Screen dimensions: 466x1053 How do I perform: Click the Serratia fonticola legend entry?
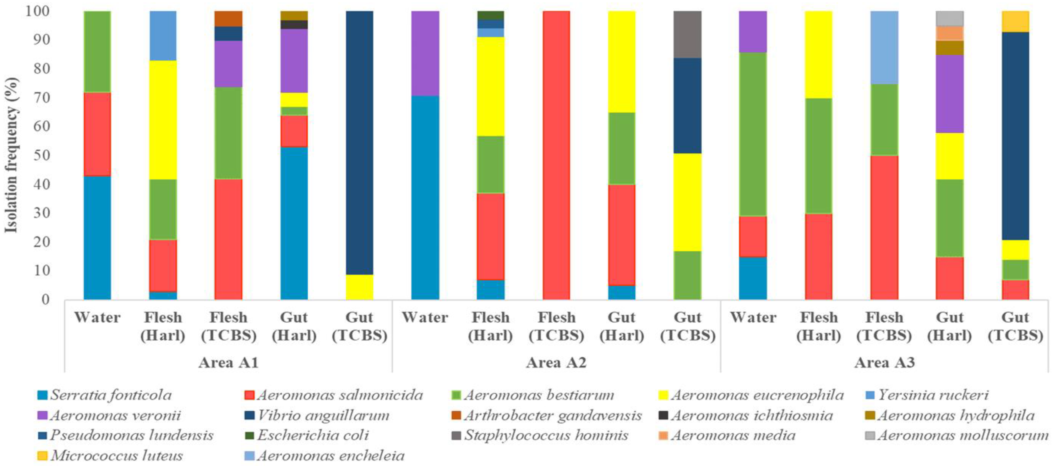(110, 395)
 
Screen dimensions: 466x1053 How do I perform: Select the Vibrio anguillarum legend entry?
(323, 415)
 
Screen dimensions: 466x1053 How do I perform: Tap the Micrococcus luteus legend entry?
(117, 456)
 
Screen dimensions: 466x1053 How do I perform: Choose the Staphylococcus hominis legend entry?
(545, 435)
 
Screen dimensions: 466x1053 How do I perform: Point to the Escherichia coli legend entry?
(313, 435)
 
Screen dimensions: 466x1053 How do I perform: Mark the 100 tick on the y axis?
(38, 11)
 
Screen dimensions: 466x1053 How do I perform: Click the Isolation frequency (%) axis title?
(11, 155)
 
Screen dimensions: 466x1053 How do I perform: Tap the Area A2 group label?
(556, 363)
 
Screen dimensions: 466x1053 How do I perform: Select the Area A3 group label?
(884, 363)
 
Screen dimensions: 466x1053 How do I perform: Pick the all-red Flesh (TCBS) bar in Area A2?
(556, 155)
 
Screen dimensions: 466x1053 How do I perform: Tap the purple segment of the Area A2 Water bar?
(425, 53)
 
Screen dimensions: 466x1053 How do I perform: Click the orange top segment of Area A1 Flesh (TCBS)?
(228, 19)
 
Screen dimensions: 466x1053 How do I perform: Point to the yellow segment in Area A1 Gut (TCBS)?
(359, 287)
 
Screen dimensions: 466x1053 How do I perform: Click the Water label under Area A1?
(97, 318)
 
